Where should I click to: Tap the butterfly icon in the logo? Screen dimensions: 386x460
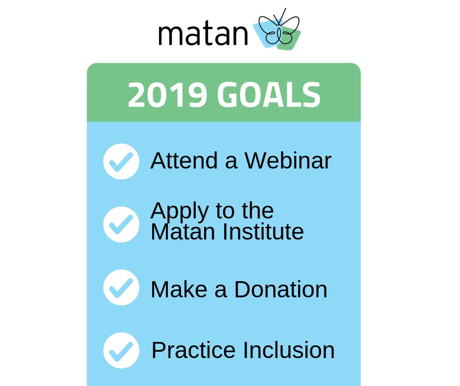click(278, 30)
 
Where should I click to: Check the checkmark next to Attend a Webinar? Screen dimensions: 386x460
click(121, 162)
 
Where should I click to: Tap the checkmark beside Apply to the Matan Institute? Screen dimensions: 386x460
click(121, 224)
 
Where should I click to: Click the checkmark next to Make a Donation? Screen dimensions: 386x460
click(121, 288)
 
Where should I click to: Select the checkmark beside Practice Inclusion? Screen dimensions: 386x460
click(121, 350)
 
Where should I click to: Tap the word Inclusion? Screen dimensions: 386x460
click(289, 350)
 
